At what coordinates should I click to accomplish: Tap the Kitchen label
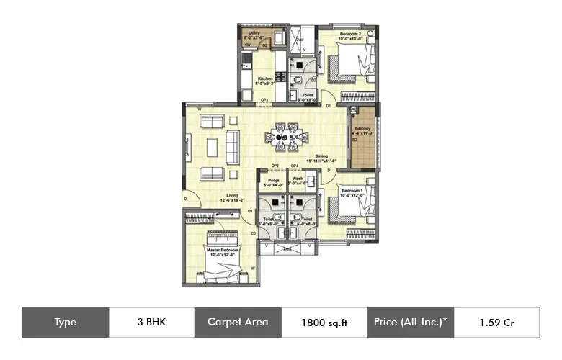point(265,81)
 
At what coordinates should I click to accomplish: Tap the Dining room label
point(321,157)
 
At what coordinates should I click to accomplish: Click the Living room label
point(212,197)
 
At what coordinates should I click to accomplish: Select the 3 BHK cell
point(151,322)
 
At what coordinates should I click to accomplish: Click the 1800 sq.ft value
point(324,323)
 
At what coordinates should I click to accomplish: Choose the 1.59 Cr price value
point(496,323)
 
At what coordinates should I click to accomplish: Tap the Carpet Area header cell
point(238,322)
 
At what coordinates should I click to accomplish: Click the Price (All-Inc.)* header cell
point(411,322)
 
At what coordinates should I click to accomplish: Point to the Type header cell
point(65,322)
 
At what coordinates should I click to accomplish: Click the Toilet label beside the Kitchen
point(308,96)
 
